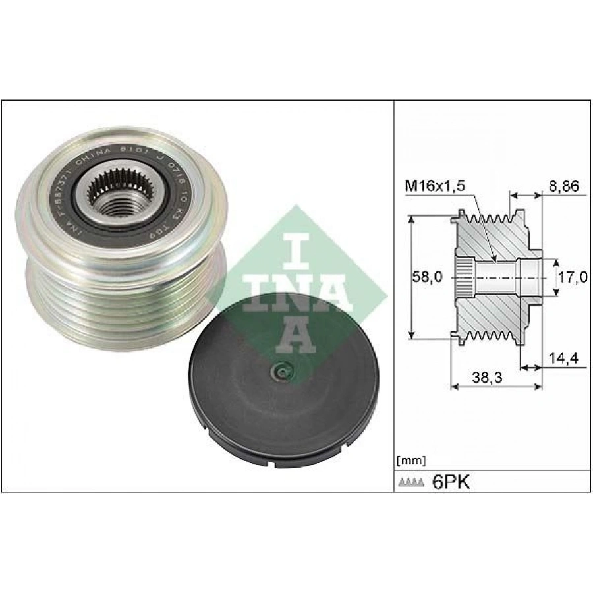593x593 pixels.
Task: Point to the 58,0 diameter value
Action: point(428,277)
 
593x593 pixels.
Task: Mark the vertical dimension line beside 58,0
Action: point(411,277)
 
